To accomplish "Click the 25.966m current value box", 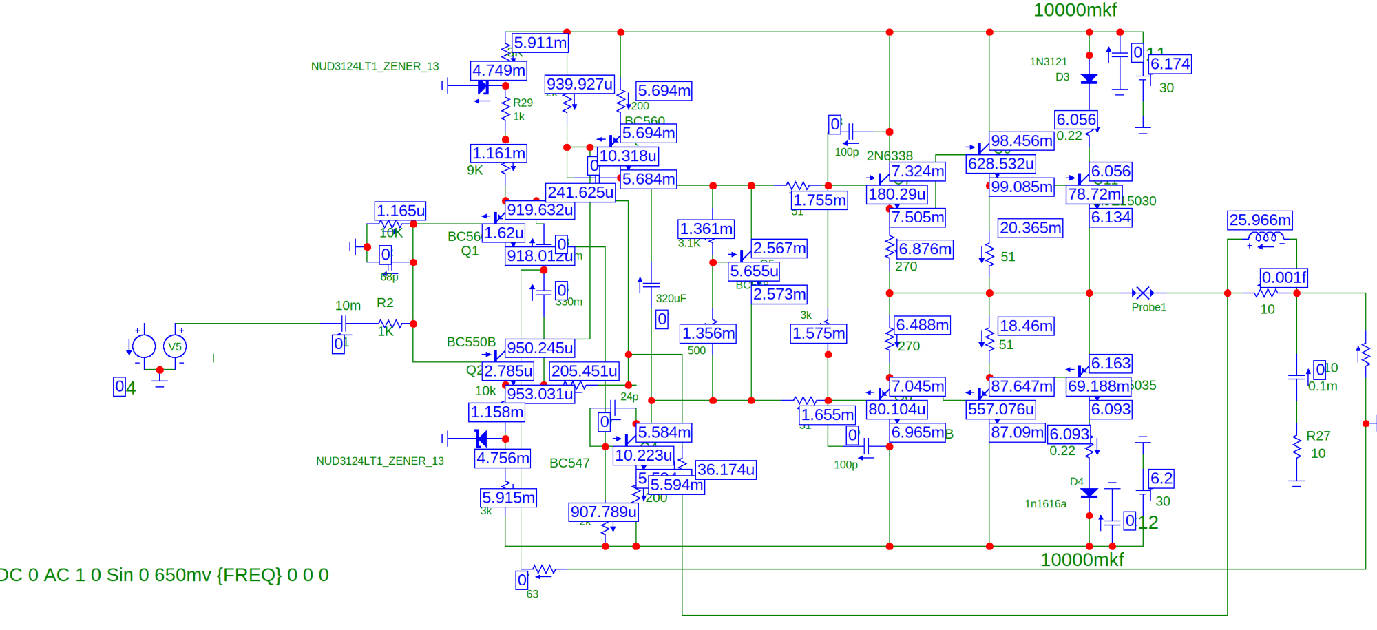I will point(1260,220).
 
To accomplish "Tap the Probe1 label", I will point(1149,307).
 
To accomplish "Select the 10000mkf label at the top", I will point(1075,10).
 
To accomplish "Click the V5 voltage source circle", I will point(175,346).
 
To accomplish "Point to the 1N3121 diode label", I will point(1048,62).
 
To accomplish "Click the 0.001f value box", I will point(1284,277).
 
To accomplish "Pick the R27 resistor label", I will point(1318,436).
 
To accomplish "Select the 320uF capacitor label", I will point(671,298).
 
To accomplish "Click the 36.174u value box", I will point(726,470).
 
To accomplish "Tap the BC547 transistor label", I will point(569,463).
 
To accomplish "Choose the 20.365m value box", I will point(1031,228).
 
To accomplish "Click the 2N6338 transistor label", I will point(890,156).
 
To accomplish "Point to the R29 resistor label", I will point(523,103).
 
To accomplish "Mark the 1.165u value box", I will point(401,211).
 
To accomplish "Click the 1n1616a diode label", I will point(1045,504).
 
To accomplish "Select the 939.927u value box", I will point(580,85).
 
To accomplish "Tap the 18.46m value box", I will point(1026,326).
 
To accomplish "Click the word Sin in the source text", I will point(122,575).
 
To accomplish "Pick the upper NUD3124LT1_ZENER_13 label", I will point(375,67).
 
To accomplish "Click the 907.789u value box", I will point(604,512).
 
